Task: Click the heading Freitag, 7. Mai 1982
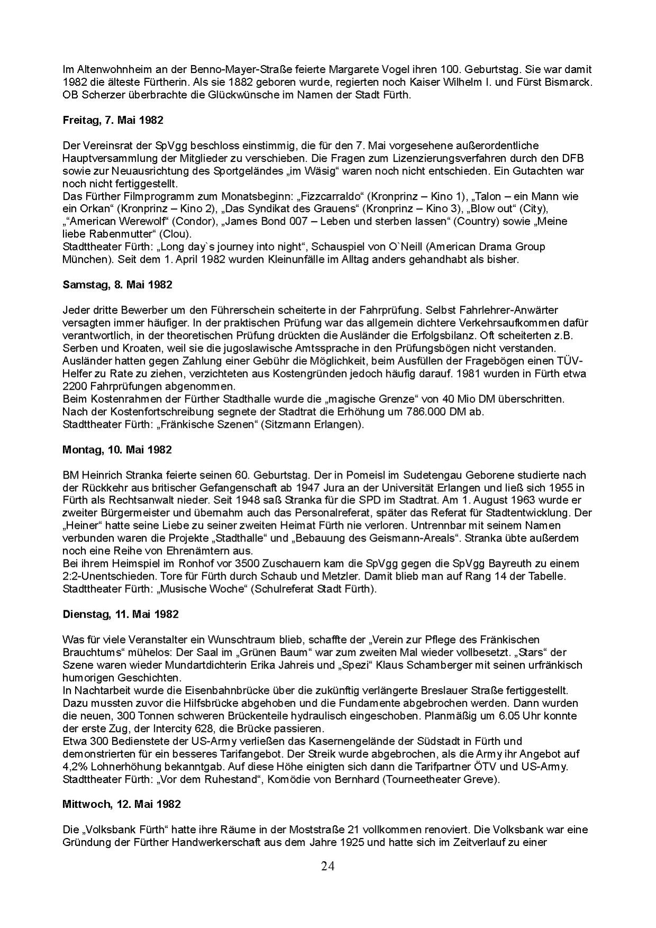[113, 120]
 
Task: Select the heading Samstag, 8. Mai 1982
[117, 285]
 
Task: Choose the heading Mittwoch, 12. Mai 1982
[121, 804]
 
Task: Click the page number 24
[328, 866]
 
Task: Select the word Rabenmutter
[114, 234]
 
